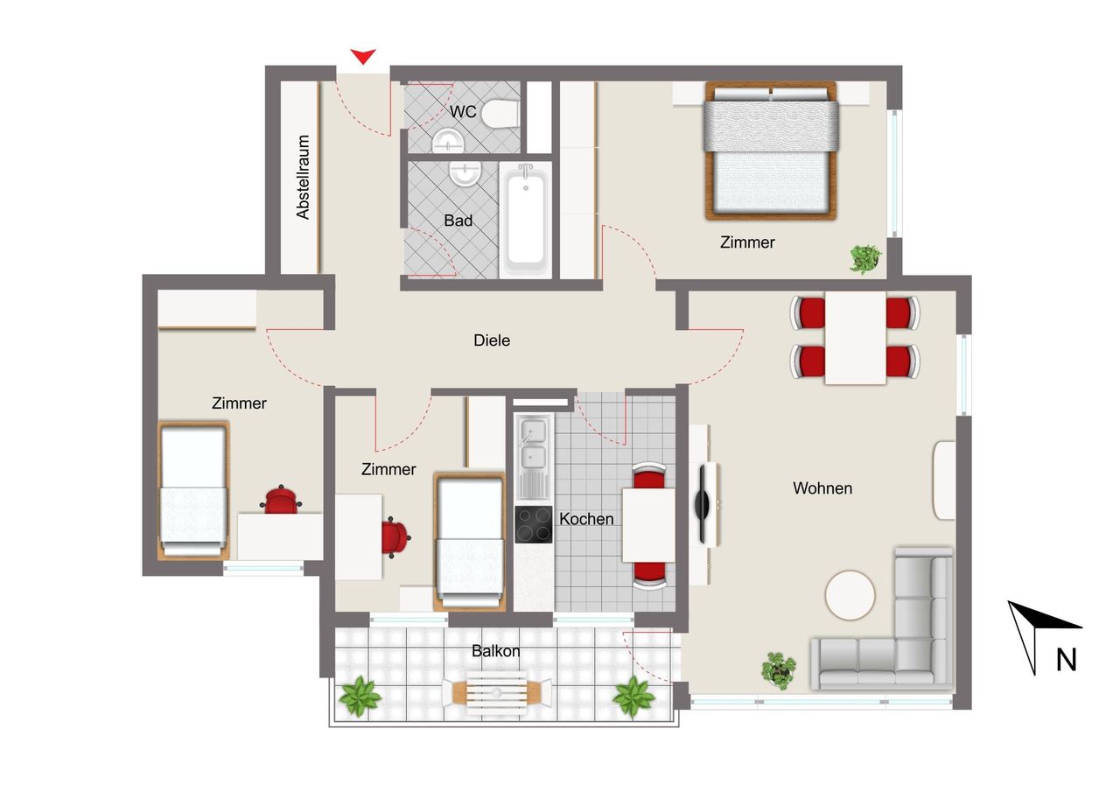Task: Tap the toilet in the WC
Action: [500, 114]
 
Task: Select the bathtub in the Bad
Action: [526, 219]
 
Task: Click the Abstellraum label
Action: [303, 177]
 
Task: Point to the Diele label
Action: [492, 340]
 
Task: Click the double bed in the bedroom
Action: [771, 151]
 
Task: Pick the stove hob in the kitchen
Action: [534, 524]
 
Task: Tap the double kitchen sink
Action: [534, 457]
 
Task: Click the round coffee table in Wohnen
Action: [850, 595]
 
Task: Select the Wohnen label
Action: [822, 488]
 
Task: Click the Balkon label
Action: [495, 651]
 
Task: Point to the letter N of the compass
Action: [1066, 660]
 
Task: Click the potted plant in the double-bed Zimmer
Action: [865, 259]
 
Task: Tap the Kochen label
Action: [586, 519]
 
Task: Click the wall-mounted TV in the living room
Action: [702, 504]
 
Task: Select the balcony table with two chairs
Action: [497, 693]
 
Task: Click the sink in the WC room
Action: [448, 141]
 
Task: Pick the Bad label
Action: [458, 221]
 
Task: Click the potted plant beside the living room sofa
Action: [779, 670]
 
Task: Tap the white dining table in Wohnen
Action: [855, 338]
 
